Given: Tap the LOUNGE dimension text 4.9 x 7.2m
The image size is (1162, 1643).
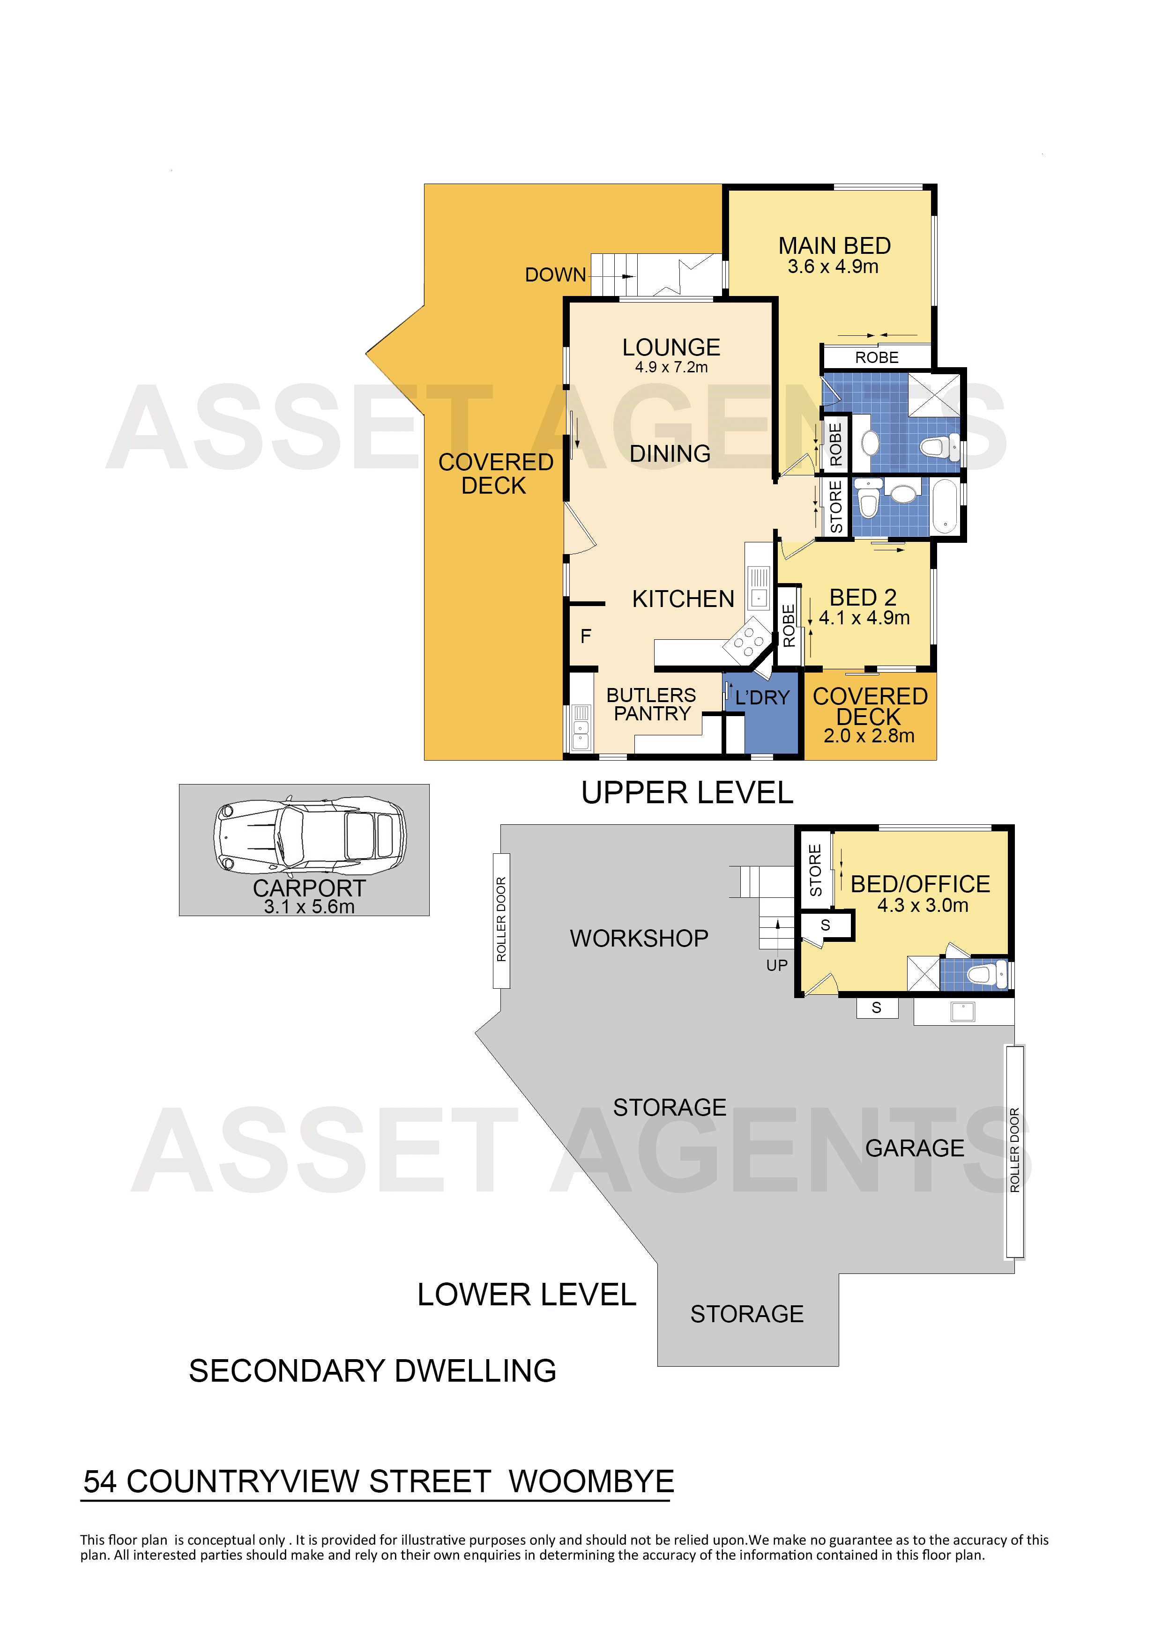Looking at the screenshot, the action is point(671,367).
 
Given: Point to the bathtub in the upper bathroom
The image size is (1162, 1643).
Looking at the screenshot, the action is point(945,506).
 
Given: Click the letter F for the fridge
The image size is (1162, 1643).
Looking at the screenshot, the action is point(586,636).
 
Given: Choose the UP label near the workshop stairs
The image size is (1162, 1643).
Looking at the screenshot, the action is point(777,965).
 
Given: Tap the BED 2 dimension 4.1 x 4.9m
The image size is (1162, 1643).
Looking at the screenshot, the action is point(864,618).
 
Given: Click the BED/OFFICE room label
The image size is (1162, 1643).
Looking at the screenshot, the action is point(920,884).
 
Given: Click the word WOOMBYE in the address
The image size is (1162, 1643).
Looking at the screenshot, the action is point(591,1482).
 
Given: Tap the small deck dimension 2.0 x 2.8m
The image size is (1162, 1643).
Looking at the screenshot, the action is point(869,736).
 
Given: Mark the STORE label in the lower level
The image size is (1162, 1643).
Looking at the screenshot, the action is point(815,870).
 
